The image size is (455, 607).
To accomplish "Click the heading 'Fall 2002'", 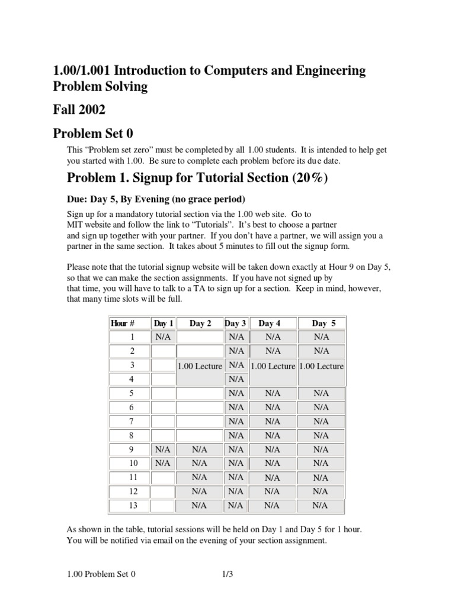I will click(79, 110).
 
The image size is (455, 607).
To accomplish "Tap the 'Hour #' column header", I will click(123, 323).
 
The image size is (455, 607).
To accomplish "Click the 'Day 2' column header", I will click(200, 323).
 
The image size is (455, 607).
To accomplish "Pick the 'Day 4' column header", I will click(270, 323).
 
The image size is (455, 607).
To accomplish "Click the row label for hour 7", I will click(132, 421).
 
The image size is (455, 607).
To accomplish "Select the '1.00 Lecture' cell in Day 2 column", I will click(200, 366).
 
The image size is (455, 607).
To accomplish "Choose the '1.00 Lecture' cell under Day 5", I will click(321, 366).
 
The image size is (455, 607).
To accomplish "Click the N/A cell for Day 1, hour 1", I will click(163, 337).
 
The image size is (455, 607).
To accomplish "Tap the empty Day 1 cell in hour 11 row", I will click(163, 477).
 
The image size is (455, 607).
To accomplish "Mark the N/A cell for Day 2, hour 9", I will click(200, 449).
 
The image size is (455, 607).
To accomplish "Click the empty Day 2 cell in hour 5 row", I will click(200, 393).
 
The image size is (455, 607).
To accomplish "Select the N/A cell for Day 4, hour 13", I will click(273, 506).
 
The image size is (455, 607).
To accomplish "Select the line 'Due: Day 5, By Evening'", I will click(156, 198).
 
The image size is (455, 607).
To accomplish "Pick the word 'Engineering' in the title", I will click(322, 71).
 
